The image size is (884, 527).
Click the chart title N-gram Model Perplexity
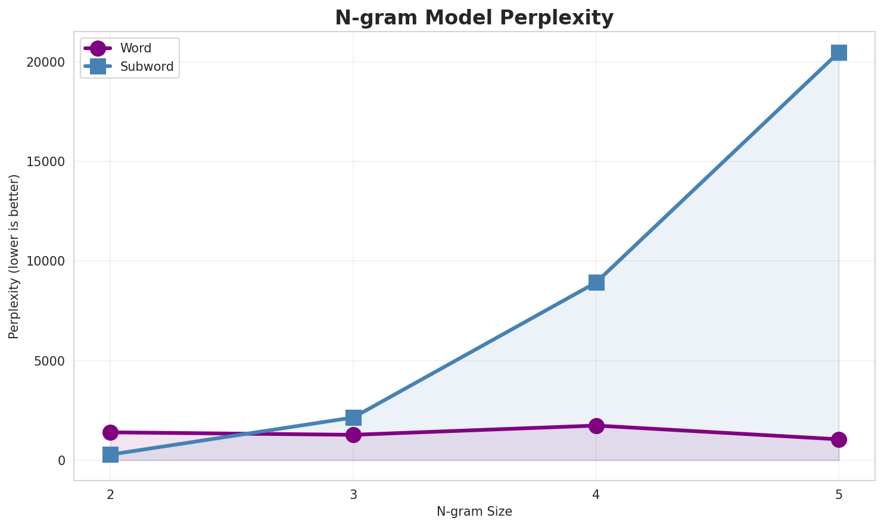tap(474, 18)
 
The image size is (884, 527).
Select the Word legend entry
tap(135, 48)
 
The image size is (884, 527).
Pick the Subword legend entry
tap(147, 67)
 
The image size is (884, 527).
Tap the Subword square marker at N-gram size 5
tap(839, 52)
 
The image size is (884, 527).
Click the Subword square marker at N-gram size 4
tap(596, 282)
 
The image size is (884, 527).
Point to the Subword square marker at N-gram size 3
tap(353, 417)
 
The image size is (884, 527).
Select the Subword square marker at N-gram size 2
tap(110, 455)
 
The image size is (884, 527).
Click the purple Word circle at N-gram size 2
tap(110, 432)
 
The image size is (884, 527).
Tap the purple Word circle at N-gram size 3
tap(353, 435)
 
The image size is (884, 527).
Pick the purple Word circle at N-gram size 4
tap(596, 426)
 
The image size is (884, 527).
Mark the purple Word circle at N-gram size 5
tap(839, 439)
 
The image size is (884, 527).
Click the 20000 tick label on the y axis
tap(45, 63)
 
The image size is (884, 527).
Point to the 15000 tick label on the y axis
tap(45, 162)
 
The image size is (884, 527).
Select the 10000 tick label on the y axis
tap(45, 261)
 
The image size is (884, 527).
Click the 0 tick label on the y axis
tap(61, 460)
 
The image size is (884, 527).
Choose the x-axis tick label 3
tap(353, 494)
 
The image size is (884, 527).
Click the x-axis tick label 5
tap(839, 494)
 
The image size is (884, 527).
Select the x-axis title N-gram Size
tap(474, 512)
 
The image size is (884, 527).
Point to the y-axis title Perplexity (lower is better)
tap(14, 257)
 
